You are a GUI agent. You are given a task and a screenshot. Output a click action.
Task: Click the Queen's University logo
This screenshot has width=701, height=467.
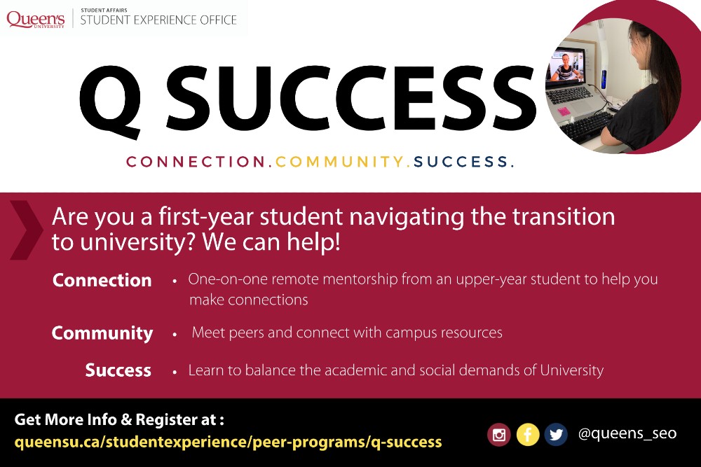pyautogui.click(x=36, y=20)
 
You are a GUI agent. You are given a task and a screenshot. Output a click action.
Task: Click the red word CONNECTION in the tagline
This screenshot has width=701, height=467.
pyautogui.click(x=196, y=162)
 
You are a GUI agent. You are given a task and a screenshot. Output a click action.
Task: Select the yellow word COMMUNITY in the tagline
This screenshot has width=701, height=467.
pyautogui.click(x=339, y=162)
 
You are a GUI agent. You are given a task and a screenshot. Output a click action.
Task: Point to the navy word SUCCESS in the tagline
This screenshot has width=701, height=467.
pyautogui.click(x=461, y=162)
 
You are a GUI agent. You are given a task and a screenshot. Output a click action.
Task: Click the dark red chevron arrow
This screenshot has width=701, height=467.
pyautogui.click(x=27, y=230)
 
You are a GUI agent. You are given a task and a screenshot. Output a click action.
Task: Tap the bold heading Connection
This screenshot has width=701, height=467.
pyautogui.click(x=102, y=280)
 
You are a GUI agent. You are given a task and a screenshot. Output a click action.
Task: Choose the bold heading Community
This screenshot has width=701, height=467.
pyautogui.click(x=102, y=333)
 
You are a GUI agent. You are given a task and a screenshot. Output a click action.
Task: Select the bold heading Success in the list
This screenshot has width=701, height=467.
pyautogui.click(x=118, y=370)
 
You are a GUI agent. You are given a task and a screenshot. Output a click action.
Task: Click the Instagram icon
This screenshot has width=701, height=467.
pyautogui.click(x=499, y=434)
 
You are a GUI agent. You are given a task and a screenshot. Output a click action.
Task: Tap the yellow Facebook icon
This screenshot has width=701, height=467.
pyautogui.click(x=528, y=434)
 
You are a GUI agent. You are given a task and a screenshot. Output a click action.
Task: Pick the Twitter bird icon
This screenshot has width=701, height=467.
pyautogui.click(x=556, y=434)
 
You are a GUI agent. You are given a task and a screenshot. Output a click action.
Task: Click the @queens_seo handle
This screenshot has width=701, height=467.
pyautogui.click(x=627, y=433)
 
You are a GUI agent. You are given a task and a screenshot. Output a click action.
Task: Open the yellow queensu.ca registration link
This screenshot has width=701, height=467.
pyautogui.click(x=228, y=442)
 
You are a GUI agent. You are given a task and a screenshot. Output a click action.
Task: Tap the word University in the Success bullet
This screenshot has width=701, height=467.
pyautogui.click(x=572, y=370)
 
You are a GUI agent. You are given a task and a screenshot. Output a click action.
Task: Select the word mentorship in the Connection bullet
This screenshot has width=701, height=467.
pyautogui.click(x=360, y=279)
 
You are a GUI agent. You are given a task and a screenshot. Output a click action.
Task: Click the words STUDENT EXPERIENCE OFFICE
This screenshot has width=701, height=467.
pyautogui.click(x=158, y=20)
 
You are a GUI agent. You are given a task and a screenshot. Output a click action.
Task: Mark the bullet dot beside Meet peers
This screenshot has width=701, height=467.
pyautogui.click(x=175, y=333)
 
